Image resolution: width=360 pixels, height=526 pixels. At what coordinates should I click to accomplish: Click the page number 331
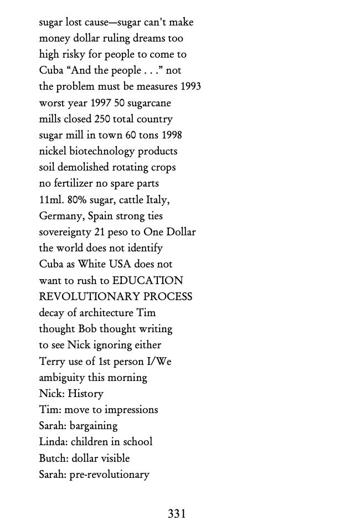tap(177, 514)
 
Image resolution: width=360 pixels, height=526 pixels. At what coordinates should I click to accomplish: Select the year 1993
tap(191, 87)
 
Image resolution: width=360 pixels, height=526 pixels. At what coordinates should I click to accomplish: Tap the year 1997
tap(101, 103)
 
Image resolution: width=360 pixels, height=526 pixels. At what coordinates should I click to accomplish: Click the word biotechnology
tap(102, 151)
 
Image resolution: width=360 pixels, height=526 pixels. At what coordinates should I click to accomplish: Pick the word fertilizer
tap(75, 183)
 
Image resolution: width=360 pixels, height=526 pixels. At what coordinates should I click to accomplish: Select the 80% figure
tap(77, 200)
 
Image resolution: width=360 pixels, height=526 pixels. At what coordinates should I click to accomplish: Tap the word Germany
tap(61, 216)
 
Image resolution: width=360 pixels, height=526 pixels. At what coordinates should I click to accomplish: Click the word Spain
tap(101, 216)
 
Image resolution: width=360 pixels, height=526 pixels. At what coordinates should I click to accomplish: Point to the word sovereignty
tap(65, 232)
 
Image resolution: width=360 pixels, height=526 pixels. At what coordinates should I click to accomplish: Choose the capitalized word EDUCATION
tap(147, 281)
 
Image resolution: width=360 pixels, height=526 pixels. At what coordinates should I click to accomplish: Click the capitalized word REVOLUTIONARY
tap(89, 297)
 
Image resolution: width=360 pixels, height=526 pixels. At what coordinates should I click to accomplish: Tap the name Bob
tap(88, 329)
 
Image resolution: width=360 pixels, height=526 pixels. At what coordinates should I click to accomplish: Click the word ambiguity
tap(61, 378)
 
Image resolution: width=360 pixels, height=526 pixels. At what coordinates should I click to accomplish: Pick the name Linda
tap(52, 442)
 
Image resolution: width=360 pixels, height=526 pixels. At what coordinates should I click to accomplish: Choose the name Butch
tap(52, 458)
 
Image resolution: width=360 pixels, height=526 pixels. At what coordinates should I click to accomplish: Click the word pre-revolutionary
tap(109, 475)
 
